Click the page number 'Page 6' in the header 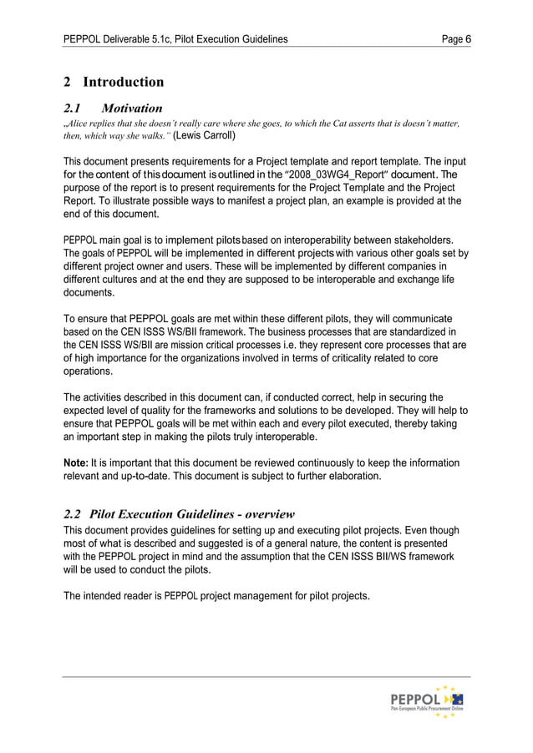(x=454, y=38)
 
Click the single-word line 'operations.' (x=89, y=371)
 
